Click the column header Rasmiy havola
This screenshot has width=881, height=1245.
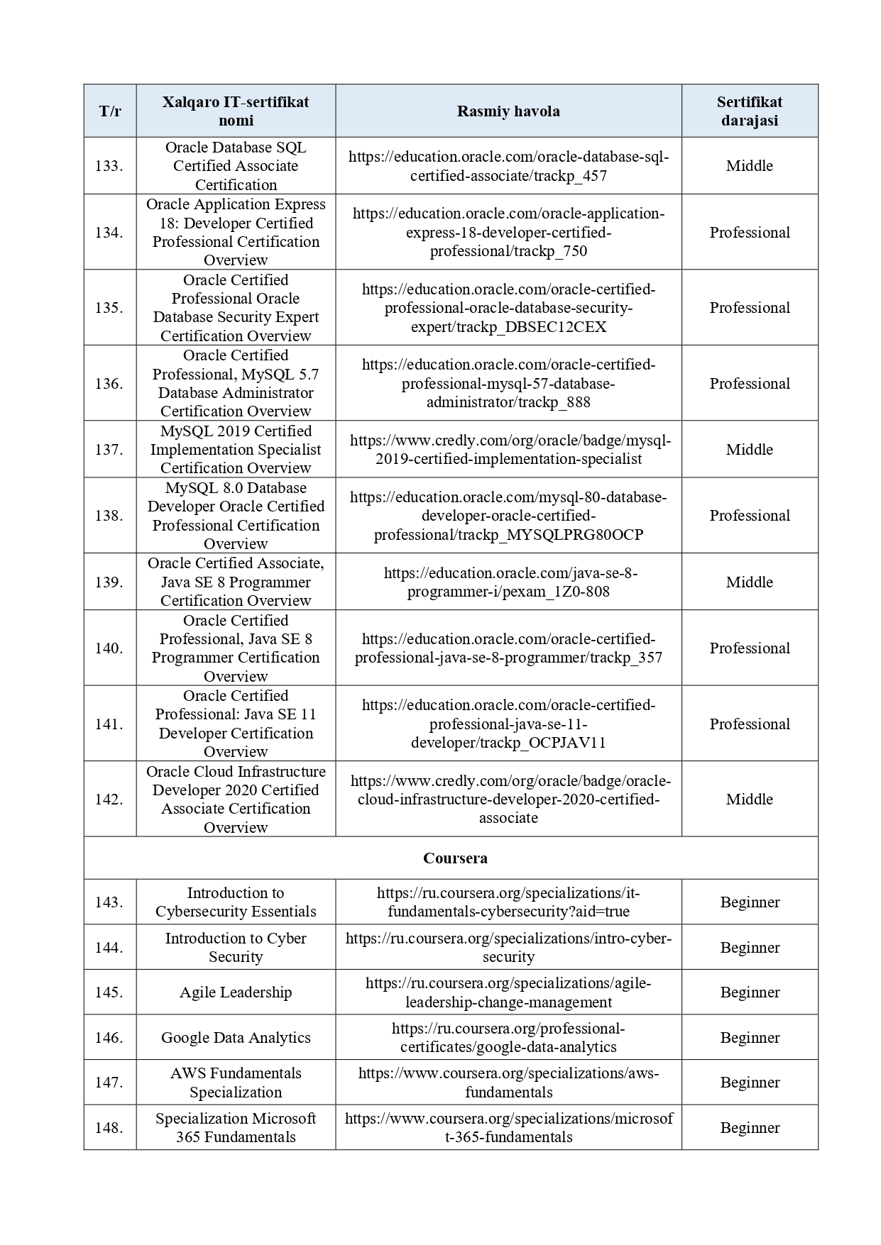[508, 111]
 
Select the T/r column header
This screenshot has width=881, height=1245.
[110, 111]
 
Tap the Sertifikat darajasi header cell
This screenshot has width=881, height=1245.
[750, 111]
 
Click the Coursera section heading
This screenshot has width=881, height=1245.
[455, 858]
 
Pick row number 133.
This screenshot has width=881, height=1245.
[109, 166]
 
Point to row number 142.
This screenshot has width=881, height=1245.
[109, 799]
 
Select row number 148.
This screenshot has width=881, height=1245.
[109, 1128]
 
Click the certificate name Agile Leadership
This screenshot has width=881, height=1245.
[236, 992]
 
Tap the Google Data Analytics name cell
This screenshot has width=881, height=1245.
[236, 1038]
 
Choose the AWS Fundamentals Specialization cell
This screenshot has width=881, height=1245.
[236, 1083]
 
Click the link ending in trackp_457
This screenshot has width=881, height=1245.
[508, 166]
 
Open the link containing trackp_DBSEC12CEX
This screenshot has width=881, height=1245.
[508, 309]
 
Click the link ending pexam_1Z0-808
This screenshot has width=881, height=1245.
[508, 582]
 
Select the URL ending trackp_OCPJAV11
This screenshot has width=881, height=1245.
[508, 724]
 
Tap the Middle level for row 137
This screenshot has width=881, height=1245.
[750, 450]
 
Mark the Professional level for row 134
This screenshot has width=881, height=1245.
[750, 233]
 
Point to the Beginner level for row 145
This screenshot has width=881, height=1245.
[750, 992]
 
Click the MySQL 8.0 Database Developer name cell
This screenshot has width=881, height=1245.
[236, 516]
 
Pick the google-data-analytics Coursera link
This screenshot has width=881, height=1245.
[508, 1038]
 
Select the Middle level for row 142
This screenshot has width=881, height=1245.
[750, 799]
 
